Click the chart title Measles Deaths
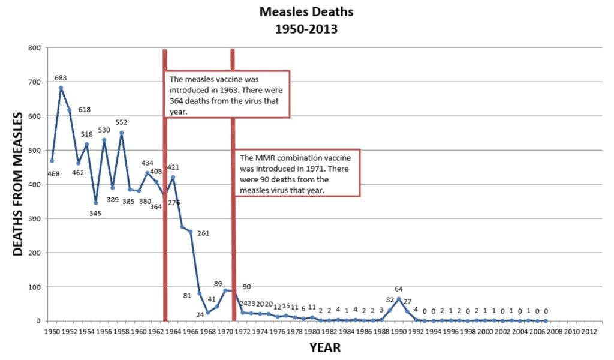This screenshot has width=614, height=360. click(x=298, y=12)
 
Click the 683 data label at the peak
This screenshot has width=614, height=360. click(x=61, y=78)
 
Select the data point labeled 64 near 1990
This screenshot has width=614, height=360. click(x=398, y=299)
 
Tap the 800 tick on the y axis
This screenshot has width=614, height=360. click(x=35, y=48)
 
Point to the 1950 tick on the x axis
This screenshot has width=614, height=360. click(x=52, y=331)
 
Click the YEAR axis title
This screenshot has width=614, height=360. click(x=325, y=347)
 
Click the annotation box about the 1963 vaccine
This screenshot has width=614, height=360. click(x=227, y=94)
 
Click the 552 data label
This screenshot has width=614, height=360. click(x=121, y=122)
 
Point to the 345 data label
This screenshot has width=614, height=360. click(x=95, y=214)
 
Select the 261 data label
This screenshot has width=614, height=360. click(x=203, y=233)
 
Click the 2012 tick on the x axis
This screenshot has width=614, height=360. click(x=589, y=331)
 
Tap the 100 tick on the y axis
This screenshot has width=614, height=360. click(x=35, y=287)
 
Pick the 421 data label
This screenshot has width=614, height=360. click(x=174, y=167)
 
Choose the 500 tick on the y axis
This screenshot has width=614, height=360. click(x=35, y=150)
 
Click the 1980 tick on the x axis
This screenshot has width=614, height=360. click(x=312, y=331)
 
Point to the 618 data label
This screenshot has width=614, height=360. click(x=84, y=110)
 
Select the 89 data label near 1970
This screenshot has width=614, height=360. click(x=218, y=283)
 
